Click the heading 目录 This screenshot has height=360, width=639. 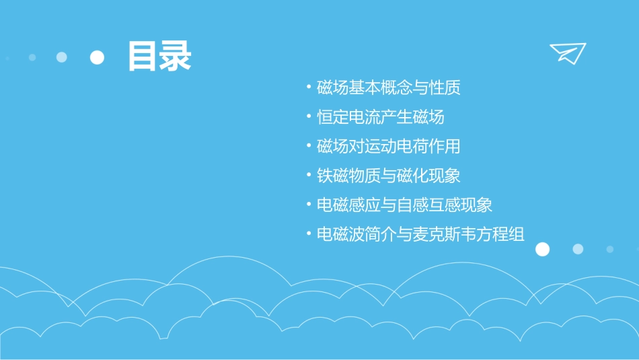159,57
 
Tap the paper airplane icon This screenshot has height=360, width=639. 567,53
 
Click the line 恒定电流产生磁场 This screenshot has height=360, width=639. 380,117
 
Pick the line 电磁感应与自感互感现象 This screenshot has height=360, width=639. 404,205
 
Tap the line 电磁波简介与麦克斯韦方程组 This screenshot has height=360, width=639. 420,234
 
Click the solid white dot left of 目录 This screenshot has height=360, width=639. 98,57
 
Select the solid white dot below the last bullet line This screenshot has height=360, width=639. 542,250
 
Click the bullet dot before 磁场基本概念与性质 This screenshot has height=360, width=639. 308,87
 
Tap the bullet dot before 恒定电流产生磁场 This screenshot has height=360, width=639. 308,116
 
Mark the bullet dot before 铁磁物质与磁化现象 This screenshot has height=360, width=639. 308,175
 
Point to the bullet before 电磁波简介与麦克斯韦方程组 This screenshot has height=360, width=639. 308,233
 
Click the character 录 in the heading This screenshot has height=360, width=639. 175,57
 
